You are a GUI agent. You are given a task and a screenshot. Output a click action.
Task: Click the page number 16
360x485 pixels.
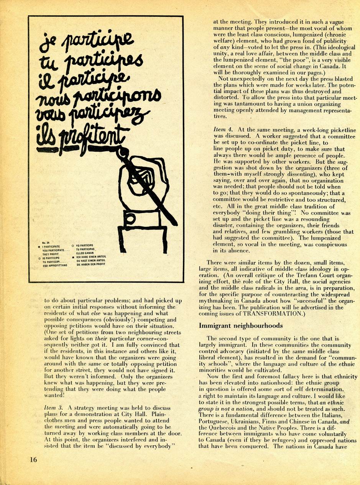(x=34, y=459)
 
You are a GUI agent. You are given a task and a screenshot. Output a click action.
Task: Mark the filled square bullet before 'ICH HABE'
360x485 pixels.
(x=73, y=257)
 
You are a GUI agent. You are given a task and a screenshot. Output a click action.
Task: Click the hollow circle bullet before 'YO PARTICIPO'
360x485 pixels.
(x=73, y=245)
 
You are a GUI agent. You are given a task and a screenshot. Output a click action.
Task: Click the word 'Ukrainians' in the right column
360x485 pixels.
(x=255, y=421)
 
